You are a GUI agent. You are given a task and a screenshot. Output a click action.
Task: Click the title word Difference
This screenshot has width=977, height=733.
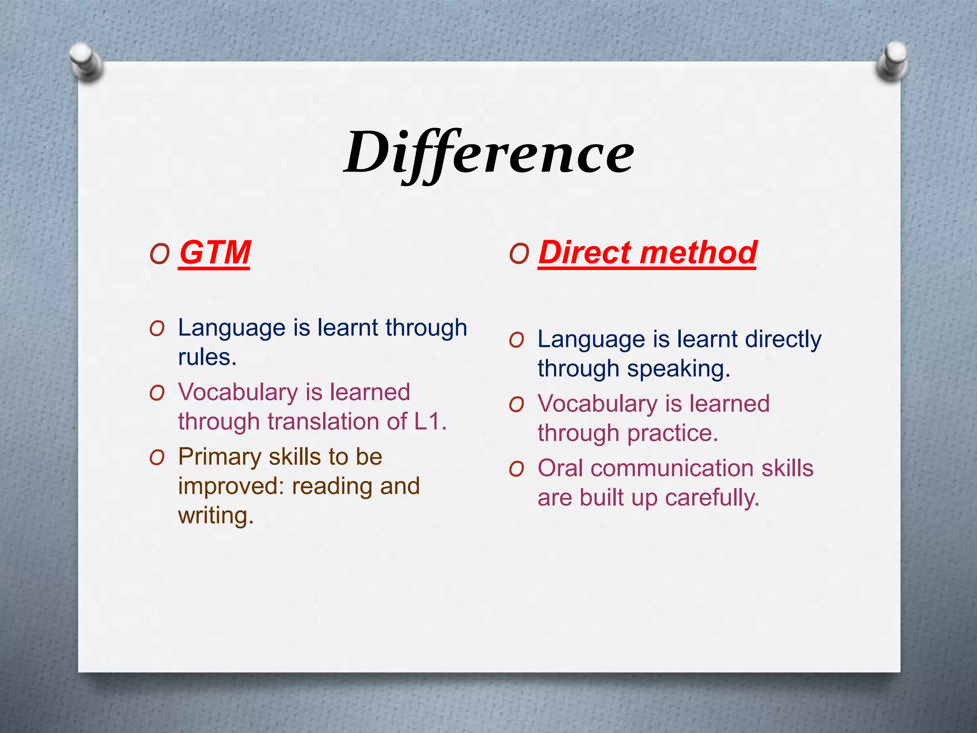[488, 153]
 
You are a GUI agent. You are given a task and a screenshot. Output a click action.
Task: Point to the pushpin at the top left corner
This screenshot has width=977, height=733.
[86, 61]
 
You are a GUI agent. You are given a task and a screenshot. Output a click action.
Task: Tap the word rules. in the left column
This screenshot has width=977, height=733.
[207, 357]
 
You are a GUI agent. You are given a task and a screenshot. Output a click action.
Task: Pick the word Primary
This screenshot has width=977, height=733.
[219, 457]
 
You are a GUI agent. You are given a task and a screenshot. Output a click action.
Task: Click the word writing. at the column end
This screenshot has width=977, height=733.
[216, 516]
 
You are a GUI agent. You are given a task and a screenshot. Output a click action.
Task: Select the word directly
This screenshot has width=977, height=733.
[783, 339]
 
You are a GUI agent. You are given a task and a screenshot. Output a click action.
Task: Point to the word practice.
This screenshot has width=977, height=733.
[672, 433]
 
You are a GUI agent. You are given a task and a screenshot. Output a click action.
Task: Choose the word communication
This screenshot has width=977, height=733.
[673, 468]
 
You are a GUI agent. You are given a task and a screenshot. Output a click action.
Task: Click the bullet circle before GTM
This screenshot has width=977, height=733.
[159, 254]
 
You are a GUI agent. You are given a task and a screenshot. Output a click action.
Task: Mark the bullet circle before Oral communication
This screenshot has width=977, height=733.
[516, 469]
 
